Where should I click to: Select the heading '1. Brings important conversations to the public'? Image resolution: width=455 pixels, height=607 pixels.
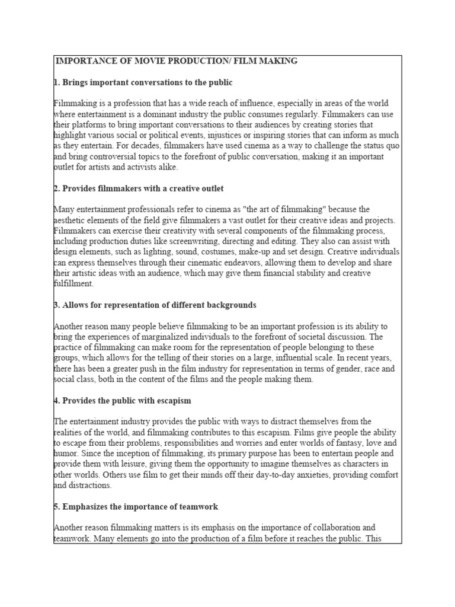click(x=143, y=82)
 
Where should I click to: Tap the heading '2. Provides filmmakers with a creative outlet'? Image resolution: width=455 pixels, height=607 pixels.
click(x=139, y=189)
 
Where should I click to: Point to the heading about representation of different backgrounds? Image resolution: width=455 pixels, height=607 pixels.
click(x=155, y=305)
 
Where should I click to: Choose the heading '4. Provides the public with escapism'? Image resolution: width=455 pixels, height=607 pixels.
click(x=123, y=401)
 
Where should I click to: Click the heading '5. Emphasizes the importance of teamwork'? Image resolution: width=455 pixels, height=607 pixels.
click(x=136, y=506)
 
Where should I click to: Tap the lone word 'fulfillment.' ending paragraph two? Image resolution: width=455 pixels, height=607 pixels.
click(x=73, y=284)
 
